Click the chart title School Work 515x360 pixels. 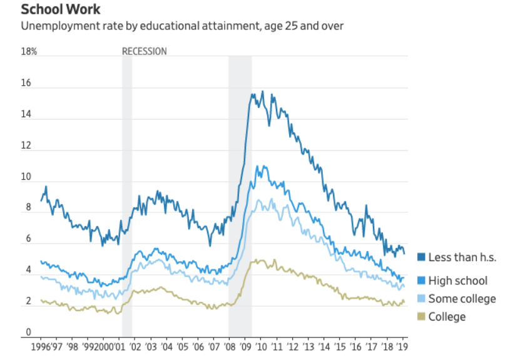click(x=61, y=10)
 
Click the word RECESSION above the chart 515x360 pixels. click(x=144, y=51)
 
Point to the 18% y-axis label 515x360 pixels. click(x=29, y=51)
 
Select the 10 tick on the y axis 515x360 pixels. click(x=26, y=178)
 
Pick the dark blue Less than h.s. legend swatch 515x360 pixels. click(x=421, y=257)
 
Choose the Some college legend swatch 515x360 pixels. click(x=421, y=299)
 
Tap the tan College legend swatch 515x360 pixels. click(x=421, y=317)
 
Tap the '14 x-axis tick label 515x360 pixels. click(x=324, y=346)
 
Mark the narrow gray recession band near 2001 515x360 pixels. click(x=126, y=188)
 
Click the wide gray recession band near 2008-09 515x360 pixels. click(x=240, y=188)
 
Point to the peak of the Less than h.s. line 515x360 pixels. click(x=262, y=91)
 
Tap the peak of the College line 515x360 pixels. click(x=257, y=259)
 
